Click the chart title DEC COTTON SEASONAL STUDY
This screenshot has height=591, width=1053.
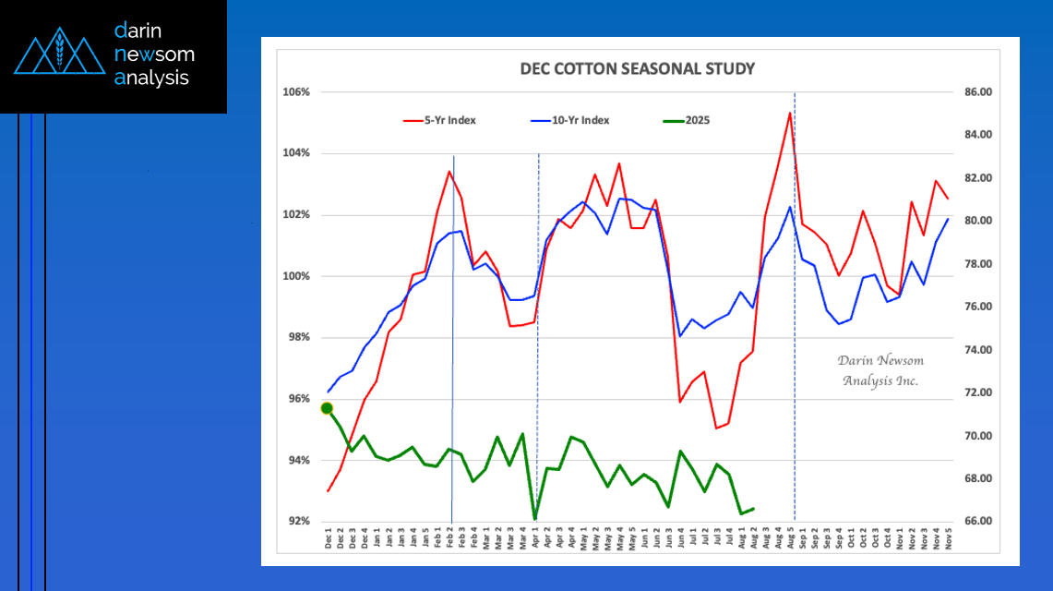tap(638, 69)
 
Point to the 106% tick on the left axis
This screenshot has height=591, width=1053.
tap(295, 92)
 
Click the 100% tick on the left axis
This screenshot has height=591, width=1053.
tap(295, 276)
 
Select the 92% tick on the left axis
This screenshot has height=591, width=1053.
tap(297, 521)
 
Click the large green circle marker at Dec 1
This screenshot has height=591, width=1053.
tap(327, 408)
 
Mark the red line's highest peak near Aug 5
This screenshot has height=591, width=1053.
tap(790, 113)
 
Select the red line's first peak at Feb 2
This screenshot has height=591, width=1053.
tap(449, 171)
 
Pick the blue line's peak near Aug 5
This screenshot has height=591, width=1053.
tap(790, 207)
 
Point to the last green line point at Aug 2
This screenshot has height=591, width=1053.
tap(754, 508)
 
